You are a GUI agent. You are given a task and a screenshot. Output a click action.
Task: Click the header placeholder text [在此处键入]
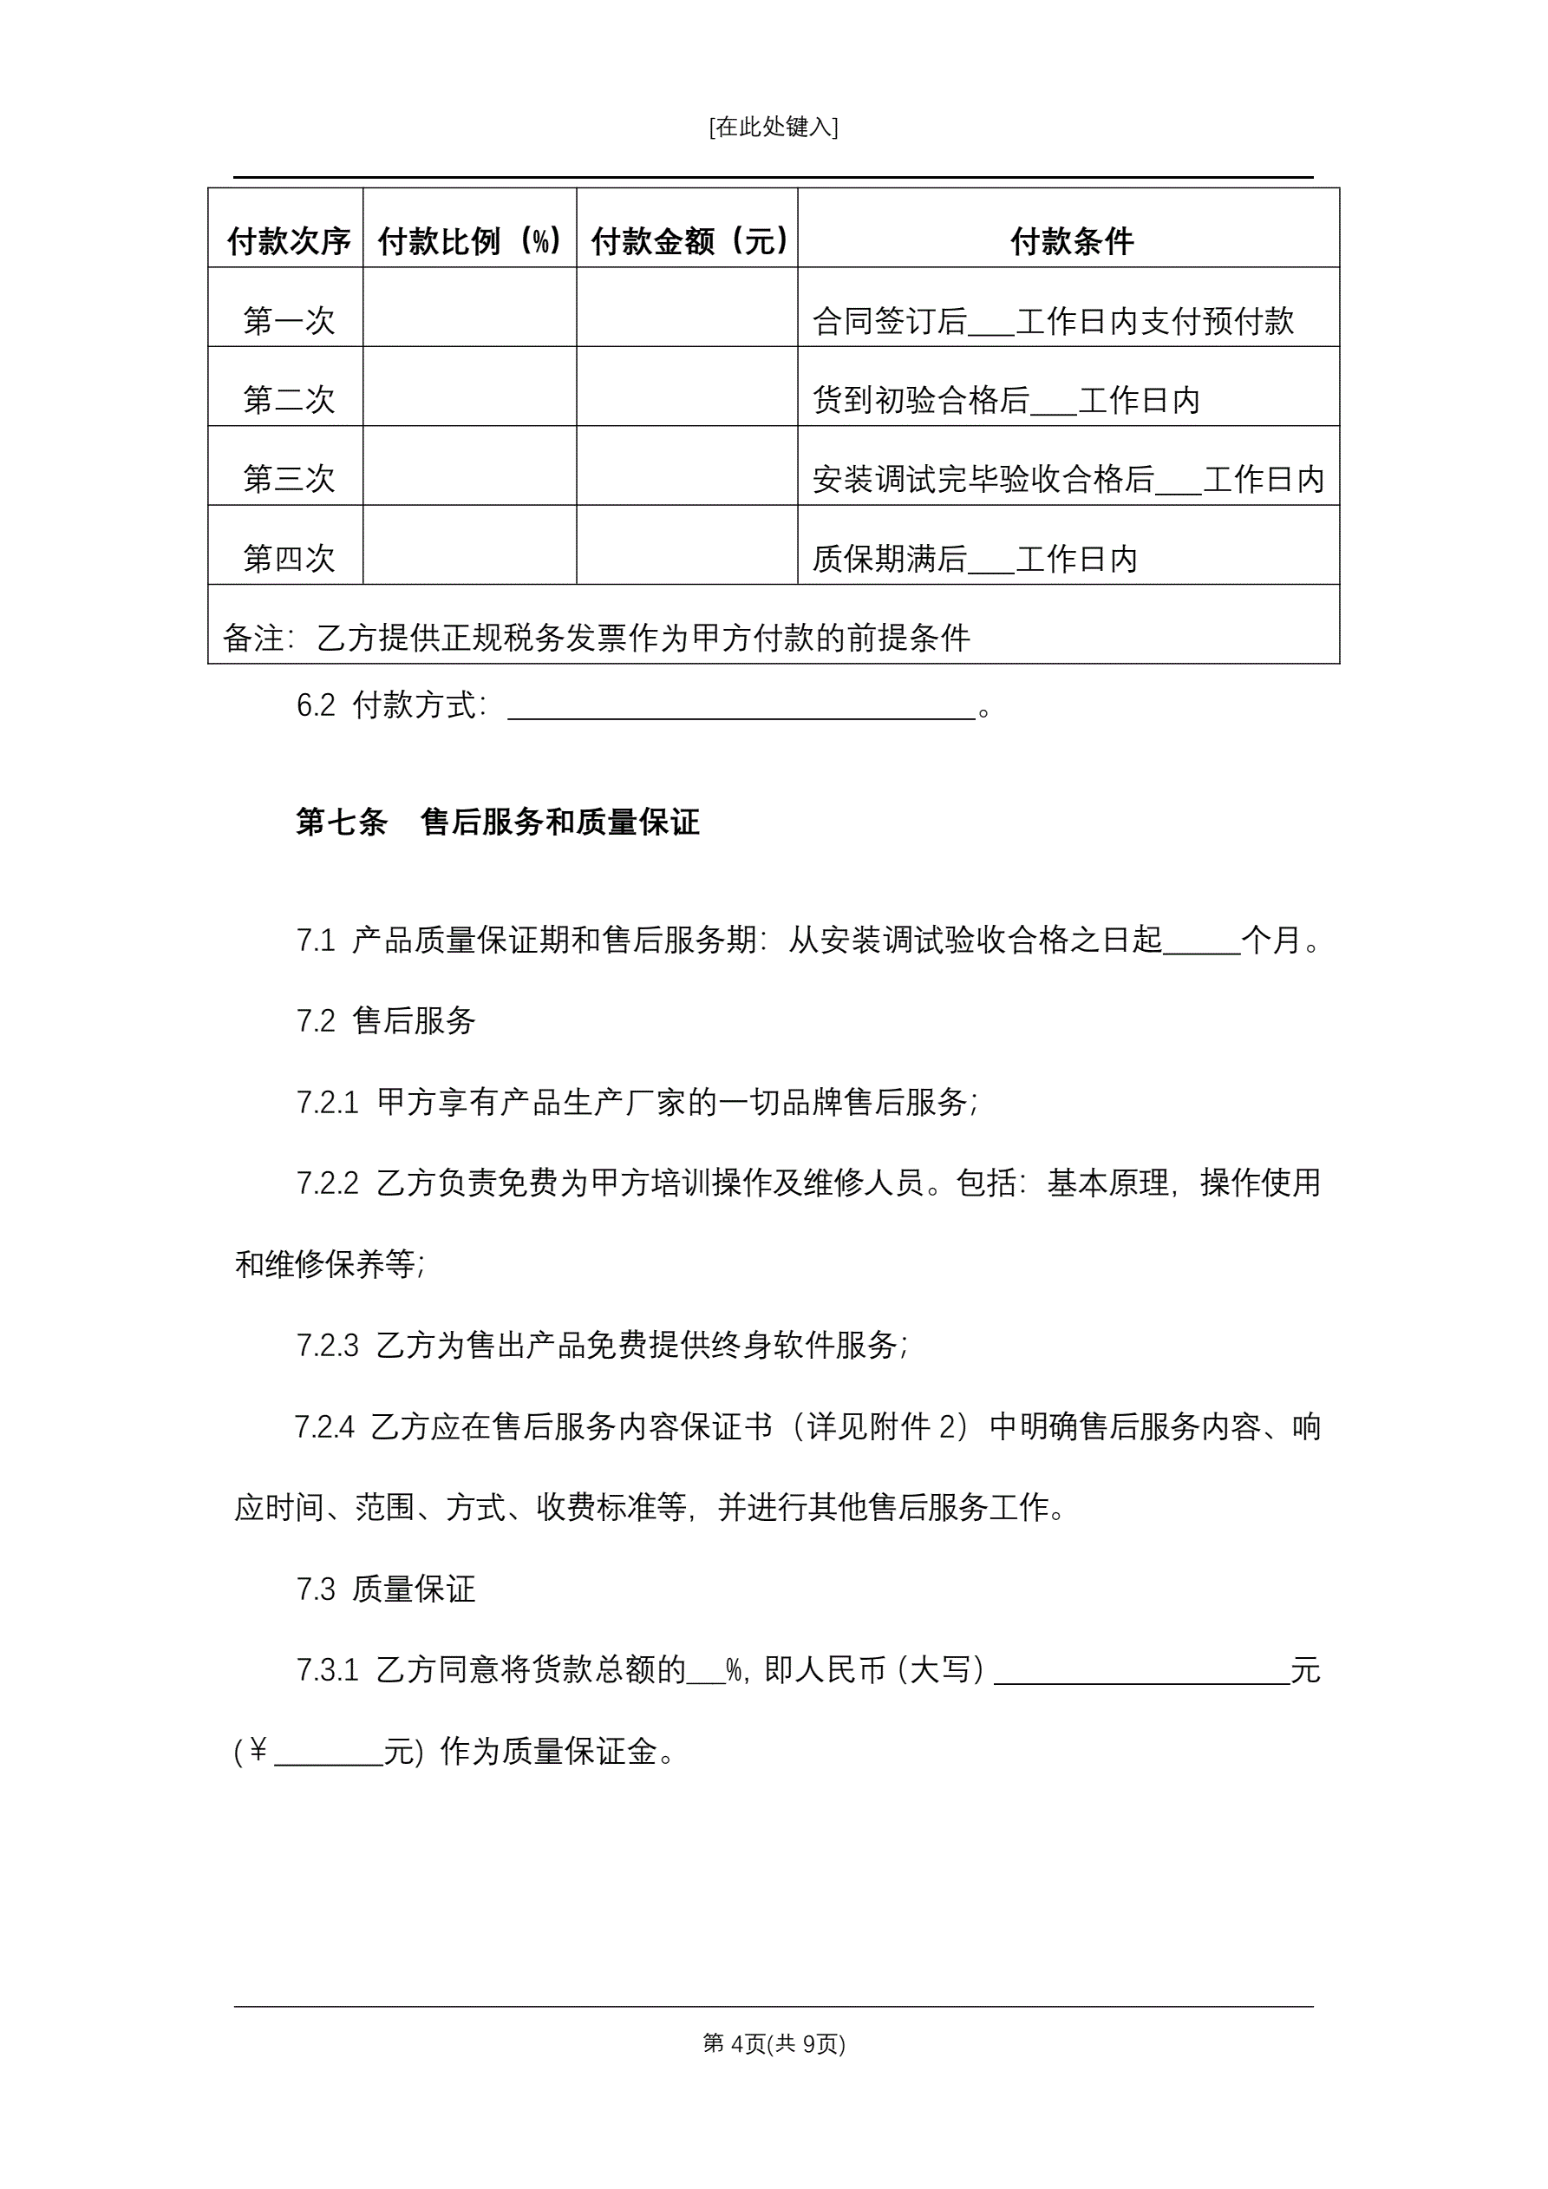pos(773,127)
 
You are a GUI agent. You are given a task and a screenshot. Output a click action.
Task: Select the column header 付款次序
pos(289,241)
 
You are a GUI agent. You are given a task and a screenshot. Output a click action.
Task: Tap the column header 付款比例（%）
pos(470,241)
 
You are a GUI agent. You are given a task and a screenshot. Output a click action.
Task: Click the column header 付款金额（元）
pos(689,241)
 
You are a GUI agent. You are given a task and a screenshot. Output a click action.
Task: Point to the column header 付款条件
pos(1071,241)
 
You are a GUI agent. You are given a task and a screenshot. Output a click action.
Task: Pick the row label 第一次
pos(289,320)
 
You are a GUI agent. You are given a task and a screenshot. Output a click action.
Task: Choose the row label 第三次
pos(289,479)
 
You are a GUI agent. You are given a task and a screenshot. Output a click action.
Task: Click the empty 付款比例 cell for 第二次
pos(470,387)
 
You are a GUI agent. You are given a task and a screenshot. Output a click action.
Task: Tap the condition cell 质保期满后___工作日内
pos(974,559)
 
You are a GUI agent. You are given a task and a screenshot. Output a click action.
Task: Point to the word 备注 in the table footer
pos(252,638)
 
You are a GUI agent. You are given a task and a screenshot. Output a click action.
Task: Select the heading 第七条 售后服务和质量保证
pos(498,822)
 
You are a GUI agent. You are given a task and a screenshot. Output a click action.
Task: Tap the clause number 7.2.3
pos(327,1346)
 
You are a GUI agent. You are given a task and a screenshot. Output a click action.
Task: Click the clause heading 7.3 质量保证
pos(385,1589)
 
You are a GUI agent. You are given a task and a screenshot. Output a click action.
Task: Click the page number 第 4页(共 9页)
pos(773,2043)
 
